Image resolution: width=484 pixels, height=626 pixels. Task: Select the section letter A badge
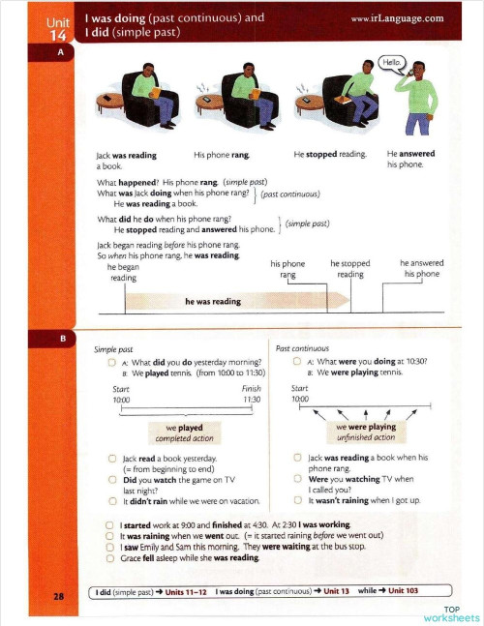tap(60, 54)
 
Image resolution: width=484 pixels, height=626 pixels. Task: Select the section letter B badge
tap(60, 340)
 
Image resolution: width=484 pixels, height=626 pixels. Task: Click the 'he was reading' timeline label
tap(212, 301)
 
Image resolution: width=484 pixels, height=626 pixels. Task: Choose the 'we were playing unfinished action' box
tap(365, 432)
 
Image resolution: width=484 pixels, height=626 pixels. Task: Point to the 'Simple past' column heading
tap(113, 349)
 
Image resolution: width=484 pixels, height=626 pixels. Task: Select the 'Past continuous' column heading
tap(302, 348)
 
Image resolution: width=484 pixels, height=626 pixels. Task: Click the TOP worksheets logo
tap(450, 613)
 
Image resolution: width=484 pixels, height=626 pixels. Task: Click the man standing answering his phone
tap(419, 97)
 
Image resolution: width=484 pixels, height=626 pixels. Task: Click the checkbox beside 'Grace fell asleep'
tap(109, 558)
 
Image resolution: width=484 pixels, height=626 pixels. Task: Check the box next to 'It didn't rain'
tap(113, 500)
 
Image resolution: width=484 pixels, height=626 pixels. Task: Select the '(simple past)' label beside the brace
tap(307, 224)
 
